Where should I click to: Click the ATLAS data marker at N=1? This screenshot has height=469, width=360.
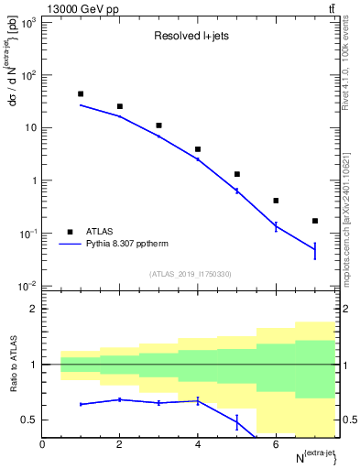pos(81,93)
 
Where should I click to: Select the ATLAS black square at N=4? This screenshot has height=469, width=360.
pos(198,149)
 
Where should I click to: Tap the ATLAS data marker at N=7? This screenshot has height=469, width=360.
pos(315,221)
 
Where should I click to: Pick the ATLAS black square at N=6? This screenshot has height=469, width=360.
pos(276,201)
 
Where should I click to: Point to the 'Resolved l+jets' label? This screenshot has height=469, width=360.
pos(190,38)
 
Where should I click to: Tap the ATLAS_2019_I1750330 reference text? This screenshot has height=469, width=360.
pos(190,274)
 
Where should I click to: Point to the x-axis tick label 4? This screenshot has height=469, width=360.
pos(198,444)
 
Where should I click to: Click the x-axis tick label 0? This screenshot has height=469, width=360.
pos(42,444)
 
